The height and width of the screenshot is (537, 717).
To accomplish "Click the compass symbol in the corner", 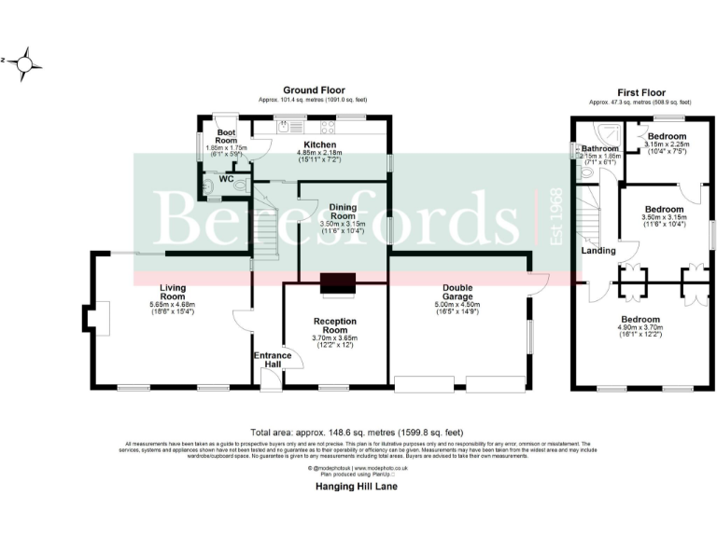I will [29, 62].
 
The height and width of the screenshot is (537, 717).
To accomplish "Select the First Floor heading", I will [640, 92].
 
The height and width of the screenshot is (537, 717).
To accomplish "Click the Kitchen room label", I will [319, 145].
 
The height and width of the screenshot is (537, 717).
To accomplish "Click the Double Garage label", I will [457, 290].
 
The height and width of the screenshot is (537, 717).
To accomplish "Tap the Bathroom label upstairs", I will [599, 149].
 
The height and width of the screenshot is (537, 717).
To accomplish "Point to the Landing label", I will [597, 251].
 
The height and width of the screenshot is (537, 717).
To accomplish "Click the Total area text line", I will [358, 433].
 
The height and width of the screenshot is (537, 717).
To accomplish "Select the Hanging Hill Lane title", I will [358, 486].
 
